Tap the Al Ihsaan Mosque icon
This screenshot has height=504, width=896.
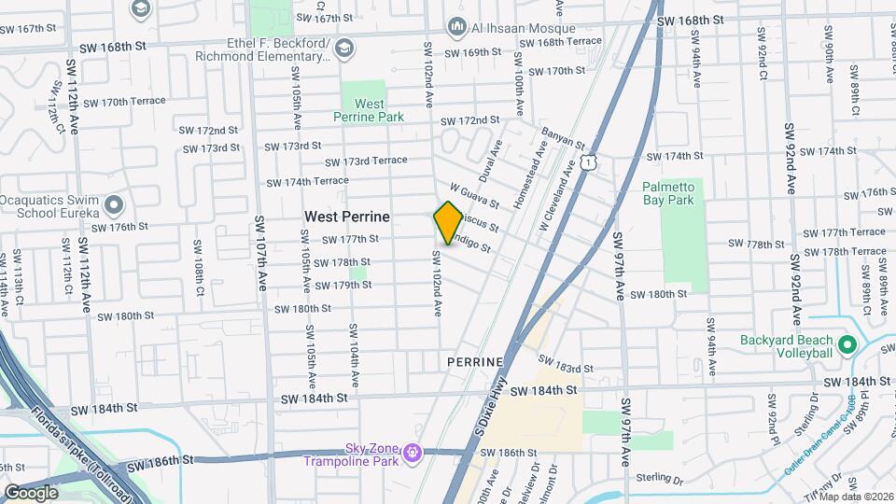[x=456, y=26]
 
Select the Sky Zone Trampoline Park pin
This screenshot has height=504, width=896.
[x=412, y=454]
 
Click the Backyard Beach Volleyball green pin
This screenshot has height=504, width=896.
[x=847, y=345]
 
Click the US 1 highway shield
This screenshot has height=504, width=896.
[x=587, y=163]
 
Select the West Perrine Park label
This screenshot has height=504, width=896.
[x=370, y=110]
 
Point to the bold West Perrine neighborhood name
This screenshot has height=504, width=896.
[x=346, y=217]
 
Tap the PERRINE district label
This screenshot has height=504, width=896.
[x=475, y=361]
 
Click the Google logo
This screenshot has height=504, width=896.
[x=31, y=491]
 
